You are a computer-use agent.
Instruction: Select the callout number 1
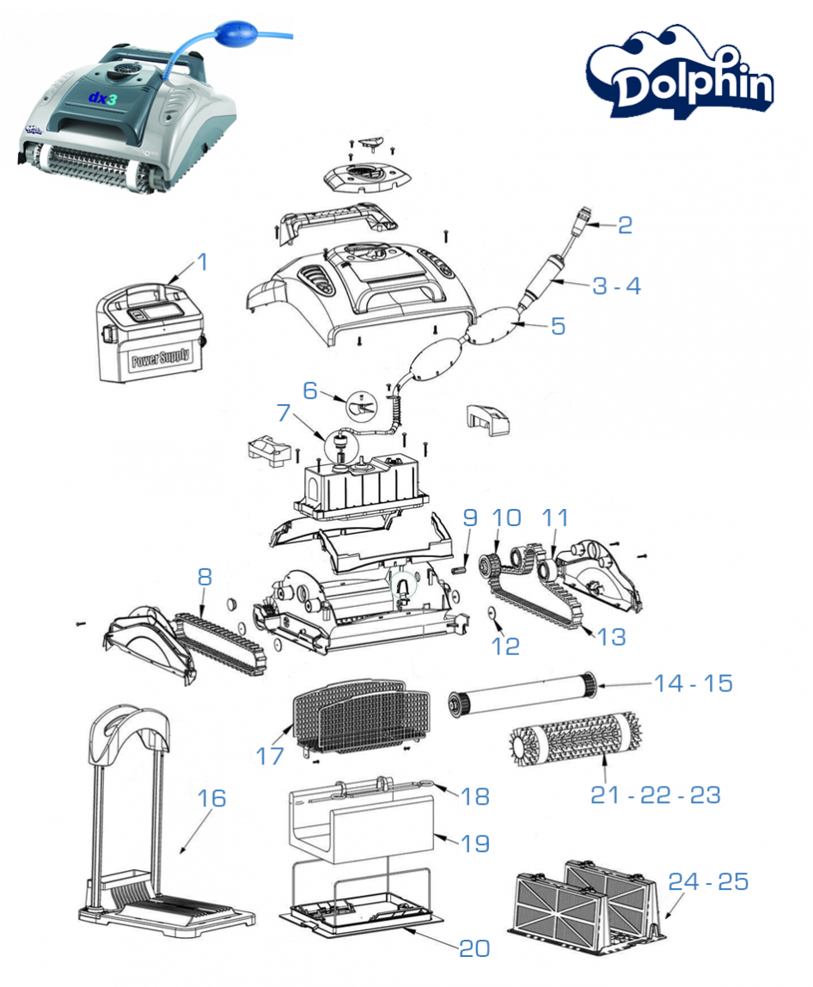coord(202,261)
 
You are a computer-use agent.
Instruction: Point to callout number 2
coord(625,225)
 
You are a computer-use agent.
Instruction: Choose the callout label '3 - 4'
coord(616,285)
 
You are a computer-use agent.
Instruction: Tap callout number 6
coord(310,389)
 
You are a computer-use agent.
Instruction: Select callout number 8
coord(204,577)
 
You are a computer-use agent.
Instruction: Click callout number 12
coord(505,647)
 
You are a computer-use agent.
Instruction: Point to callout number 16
coord(211,798)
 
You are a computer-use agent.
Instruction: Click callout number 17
coord(269,756)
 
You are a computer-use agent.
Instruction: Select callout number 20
coord(474,947)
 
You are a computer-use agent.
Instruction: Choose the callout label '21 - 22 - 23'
coord(655,795)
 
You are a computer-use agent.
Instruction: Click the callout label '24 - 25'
coord(710,882)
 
